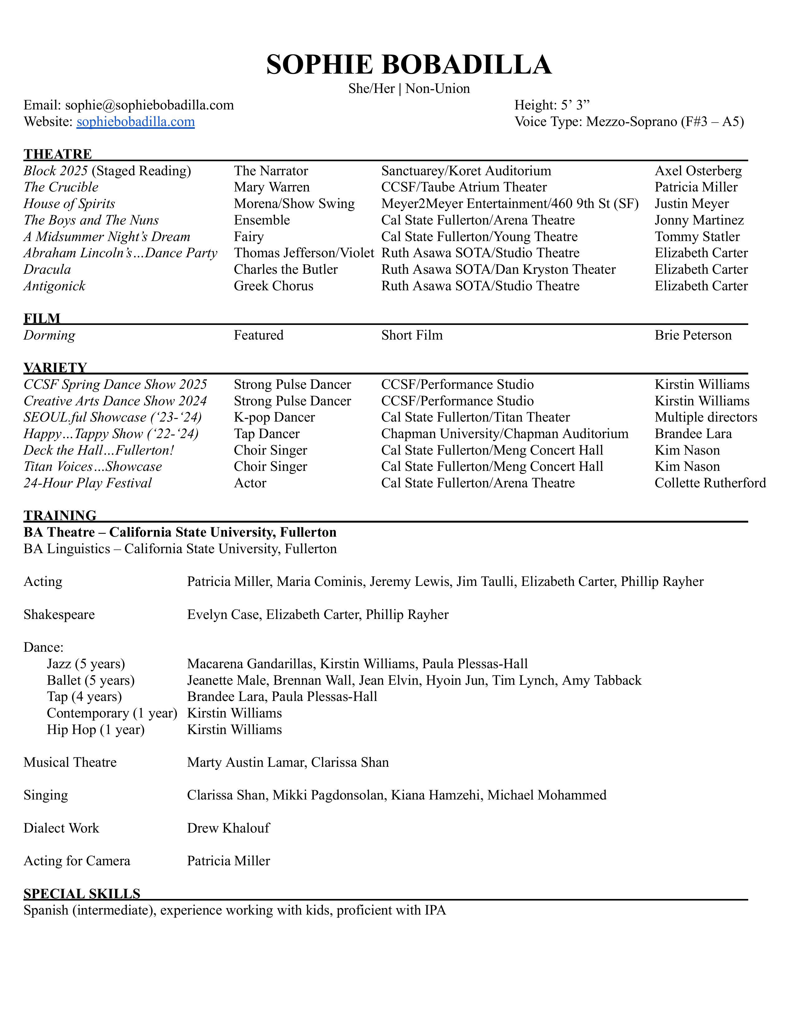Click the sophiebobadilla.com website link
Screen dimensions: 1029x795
136,122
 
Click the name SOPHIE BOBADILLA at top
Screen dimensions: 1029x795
409,65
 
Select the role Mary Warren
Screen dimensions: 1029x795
272,187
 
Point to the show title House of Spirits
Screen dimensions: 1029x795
69,204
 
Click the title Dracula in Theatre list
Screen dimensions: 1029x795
47,269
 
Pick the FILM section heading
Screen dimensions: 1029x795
42,318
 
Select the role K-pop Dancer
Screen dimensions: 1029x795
274,418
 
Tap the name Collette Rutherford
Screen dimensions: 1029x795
710,483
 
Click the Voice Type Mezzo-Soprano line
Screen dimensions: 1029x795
629,122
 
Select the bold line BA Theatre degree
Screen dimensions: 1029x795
180,532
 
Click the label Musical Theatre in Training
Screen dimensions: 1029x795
70,762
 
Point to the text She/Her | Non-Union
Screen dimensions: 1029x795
409,89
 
